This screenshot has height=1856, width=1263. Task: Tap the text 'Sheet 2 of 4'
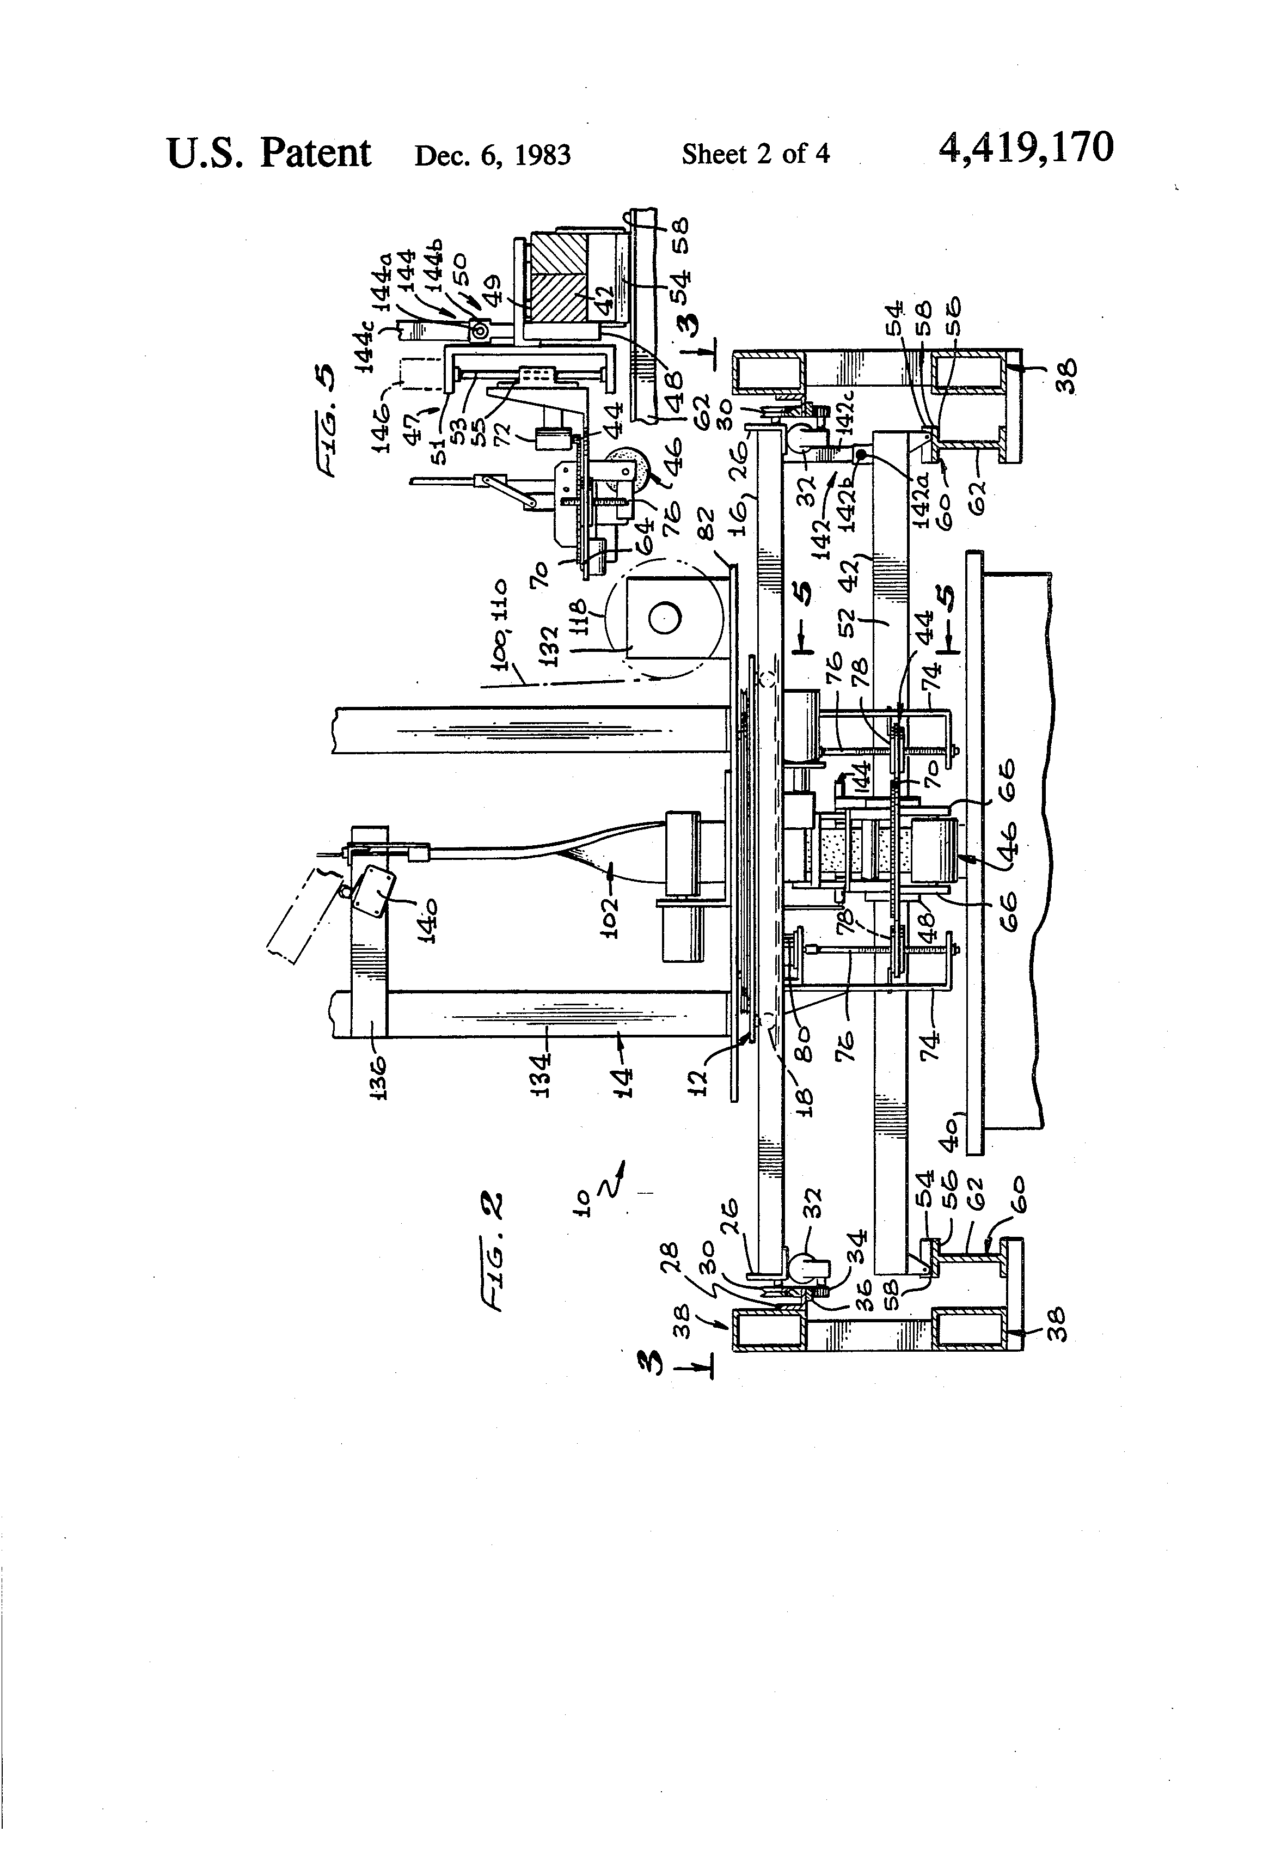tap(755, 154)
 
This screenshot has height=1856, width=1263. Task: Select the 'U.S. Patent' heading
tap(269, 152)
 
